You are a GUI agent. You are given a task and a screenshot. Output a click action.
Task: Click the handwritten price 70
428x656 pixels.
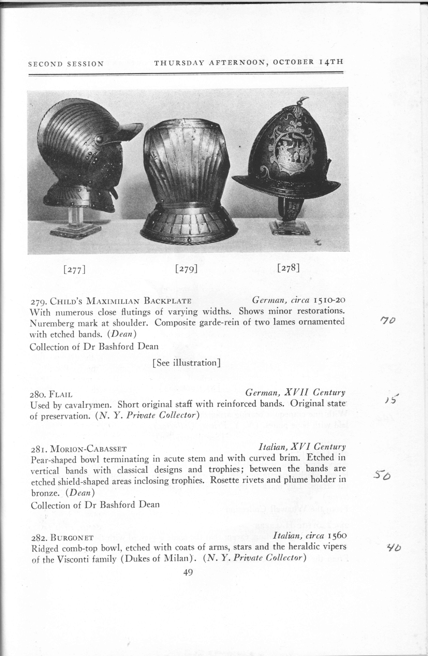pos(388,320)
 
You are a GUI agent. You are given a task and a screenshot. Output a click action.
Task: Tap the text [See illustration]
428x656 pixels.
pos(186,363)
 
